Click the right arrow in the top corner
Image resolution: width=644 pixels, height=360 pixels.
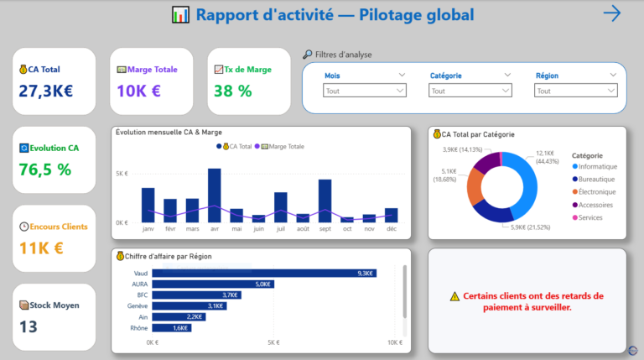coord(612,13)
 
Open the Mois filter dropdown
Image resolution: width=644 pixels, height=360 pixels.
coord(365,91)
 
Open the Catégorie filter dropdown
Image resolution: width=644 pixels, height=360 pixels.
coord(470,91)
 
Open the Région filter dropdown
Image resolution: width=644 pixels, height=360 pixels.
coord(576,91)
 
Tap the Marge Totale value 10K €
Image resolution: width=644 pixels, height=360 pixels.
coord(138,91)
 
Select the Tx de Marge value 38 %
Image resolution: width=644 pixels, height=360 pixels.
coord(233,91)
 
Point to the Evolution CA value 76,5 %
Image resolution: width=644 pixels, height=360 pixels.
coord(45,170)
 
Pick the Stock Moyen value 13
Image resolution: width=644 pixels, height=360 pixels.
coord(28,326)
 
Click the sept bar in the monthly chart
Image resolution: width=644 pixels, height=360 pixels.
coord(325,201)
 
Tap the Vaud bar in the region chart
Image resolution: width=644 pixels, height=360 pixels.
coord(264,273)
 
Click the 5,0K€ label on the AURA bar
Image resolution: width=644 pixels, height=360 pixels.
coord(263,284)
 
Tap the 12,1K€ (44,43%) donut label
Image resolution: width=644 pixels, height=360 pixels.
coord(547,157)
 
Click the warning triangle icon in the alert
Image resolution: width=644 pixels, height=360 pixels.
coord(454,296)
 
